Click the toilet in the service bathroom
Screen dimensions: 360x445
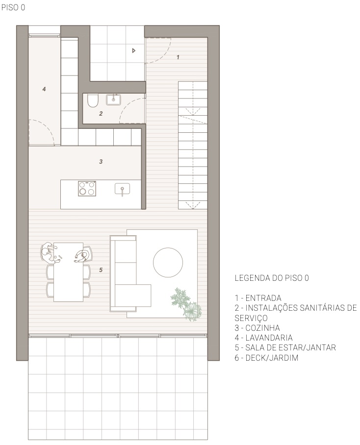[92, 100]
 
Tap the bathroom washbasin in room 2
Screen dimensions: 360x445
[114, 99]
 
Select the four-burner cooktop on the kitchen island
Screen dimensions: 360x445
[87, 189]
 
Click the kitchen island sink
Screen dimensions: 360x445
[122, 189]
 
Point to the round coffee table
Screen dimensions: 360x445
[168, 262]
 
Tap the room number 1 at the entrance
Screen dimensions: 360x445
[178, 57]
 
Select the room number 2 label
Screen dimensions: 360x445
[101, 114]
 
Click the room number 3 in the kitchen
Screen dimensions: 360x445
[101, 161]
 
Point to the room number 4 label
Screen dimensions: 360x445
[44, 89]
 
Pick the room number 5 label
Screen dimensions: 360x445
[101, 270]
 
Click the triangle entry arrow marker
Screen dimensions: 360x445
[134, 51]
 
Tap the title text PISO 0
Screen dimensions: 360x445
[13, 7]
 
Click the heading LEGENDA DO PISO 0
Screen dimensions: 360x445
[272, 278]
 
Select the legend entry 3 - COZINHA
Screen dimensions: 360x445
[257, 328]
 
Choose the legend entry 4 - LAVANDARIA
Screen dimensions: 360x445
[263, 338]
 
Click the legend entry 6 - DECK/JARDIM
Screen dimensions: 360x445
[266, 358]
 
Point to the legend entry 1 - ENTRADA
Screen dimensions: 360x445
[258, 298]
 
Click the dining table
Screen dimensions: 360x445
[69, 272]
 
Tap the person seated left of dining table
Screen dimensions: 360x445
[49, 252]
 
